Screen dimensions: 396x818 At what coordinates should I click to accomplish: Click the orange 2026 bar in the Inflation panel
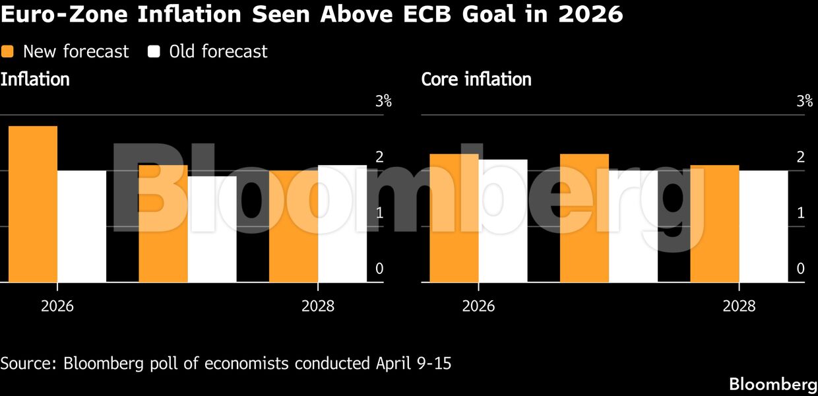pos(32,204)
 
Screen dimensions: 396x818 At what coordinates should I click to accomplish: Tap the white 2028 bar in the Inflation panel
pos(342,224)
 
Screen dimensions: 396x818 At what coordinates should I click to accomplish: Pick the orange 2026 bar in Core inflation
pos(454,218)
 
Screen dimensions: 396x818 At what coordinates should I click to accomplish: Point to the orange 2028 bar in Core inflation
pos(714,224)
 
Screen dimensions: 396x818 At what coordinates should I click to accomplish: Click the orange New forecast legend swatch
pos(7,51)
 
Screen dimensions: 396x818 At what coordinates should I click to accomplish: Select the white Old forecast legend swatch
pos(154,51)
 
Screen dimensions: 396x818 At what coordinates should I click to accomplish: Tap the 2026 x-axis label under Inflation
pos(57,306)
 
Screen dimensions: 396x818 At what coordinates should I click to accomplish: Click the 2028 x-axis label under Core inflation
pos(739,306)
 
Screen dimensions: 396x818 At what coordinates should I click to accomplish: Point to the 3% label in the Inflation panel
pos(383,101)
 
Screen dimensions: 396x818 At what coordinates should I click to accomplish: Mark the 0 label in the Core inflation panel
pos(800,269)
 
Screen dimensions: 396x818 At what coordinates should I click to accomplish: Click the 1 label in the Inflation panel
pos(379,213)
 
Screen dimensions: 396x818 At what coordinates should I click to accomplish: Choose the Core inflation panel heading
pos(476,79)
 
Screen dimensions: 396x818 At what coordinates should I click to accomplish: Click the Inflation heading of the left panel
pos(35,79)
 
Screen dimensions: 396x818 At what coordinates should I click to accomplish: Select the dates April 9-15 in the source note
pos(414,363)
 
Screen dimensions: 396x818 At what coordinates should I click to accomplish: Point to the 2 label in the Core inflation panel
pos(800,156)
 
